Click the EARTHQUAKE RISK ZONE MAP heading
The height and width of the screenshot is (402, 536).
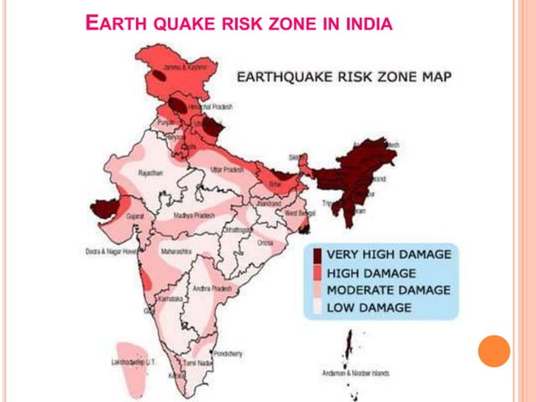pos(344,77)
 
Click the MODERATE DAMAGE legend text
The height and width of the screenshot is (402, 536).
pos(387,290)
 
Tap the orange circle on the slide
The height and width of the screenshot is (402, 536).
pos(494,351)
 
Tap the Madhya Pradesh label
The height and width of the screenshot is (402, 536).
pos(192,216)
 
